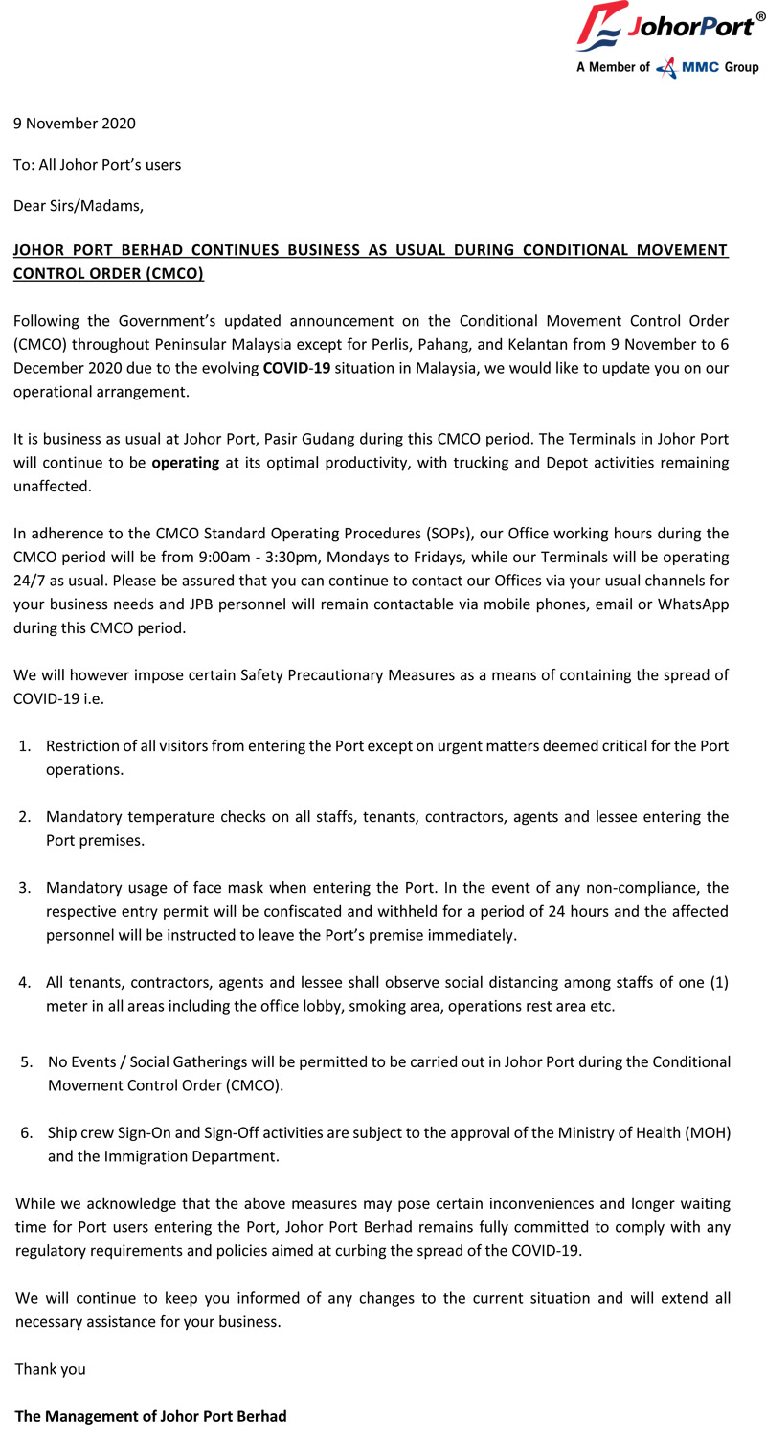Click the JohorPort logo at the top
[669, 28]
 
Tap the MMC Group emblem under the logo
[679, 67]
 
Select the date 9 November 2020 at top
[75, 124]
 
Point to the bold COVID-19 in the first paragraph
[296, 369]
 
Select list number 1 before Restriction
[25, 746]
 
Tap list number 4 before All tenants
[25, 982]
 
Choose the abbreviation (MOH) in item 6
[708, 1133]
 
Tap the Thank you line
[50, 1369]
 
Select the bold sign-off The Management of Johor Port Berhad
[150, 1416]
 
